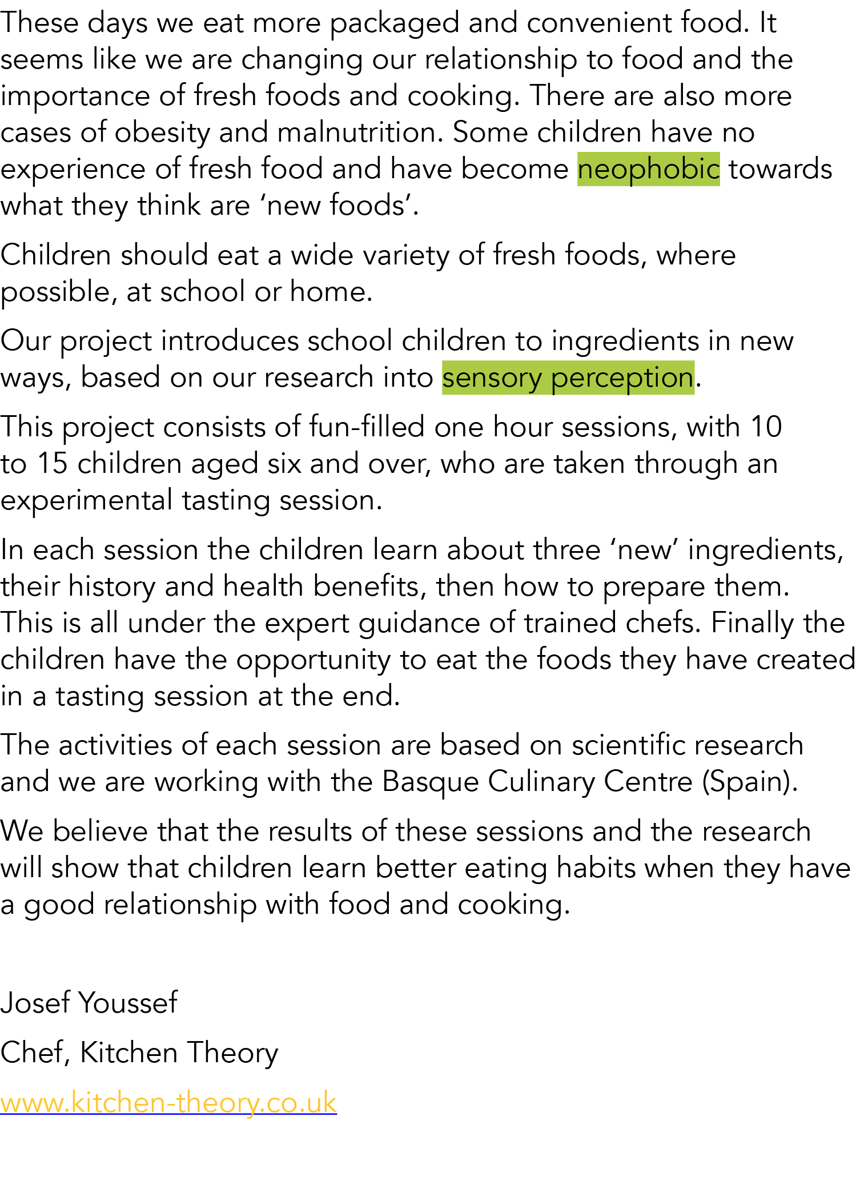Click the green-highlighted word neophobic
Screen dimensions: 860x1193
click(x=648, y=170)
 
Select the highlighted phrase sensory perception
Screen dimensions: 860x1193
click(x=568, y=378)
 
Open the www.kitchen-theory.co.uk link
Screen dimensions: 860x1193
click(x=168, y=1103)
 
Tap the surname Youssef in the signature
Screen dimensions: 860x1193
click(x=128, y=1003)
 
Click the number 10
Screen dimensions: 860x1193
click(x=766, y=427)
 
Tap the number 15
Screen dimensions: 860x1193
click(x=53, y=464)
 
